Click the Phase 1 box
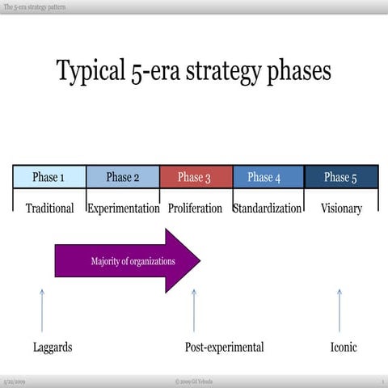[49, 177]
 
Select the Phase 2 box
[123, 177]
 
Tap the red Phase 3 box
[196, 177]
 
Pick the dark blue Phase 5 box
[341, 177]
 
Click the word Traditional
[49, 208]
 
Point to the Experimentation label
[123, 208]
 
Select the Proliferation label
[195, 208]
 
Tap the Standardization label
[268, 208]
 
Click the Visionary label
[341, 208]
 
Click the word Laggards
[53, 347]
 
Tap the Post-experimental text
[224, 347]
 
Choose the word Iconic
[344, 347]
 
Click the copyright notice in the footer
[194, 381]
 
